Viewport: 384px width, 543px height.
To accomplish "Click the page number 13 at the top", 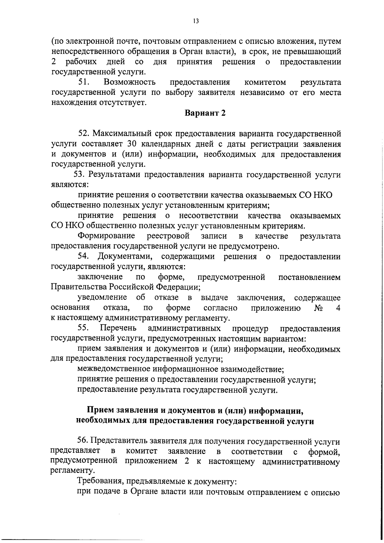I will pyautogui.click(x=196, y=21).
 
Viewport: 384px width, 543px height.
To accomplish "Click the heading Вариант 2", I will pyautogui.click(x=205, y=113).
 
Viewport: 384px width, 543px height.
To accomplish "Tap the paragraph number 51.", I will pyautogui.click(x=84, y=82).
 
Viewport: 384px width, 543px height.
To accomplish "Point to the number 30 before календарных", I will pyautogui.click(x=132, y=144).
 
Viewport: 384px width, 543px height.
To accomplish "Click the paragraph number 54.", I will pyautogui.click(x=84, y=257).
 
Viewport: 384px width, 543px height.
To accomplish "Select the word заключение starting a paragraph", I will pyautogui.click(x=100, y=277).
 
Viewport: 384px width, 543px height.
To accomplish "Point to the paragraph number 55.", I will pyautogui.click(x=84, y=328).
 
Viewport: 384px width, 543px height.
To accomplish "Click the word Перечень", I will pyautogui.click(x=118, y=328).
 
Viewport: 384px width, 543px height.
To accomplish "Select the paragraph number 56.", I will pyautogui.click(x=84, y=442).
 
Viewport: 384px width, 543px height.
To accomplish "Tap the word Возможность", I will pyautogui.click(x=130, y=82).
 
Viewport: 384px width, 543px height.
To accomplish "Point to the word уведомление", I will pyautogui.click(x=102, y=298).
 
